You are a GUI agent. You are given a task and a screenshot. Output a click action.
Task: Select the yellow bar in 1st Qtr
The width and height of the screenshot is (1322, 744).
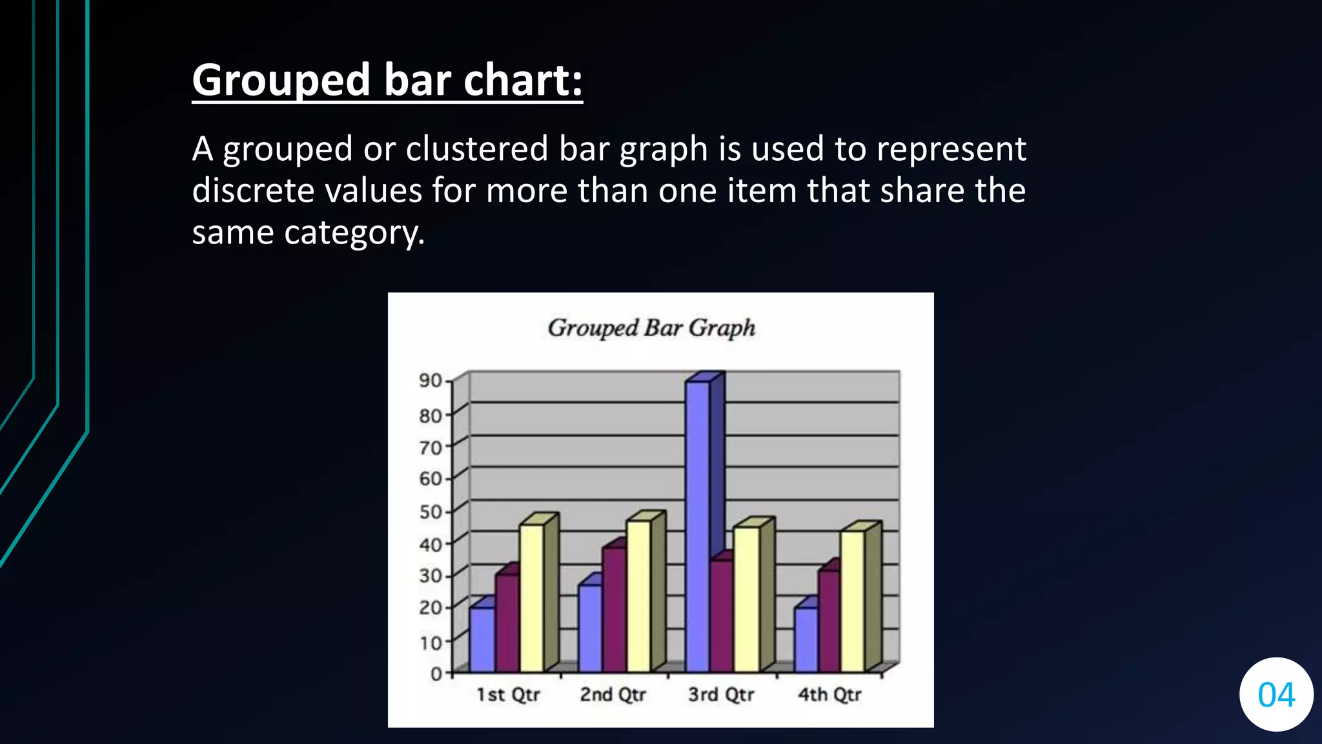(x=531, y=597)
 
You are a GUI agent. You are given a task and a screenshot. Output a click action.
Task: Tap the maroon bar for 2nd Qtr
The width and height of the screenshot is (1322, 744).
(x=614, y=610)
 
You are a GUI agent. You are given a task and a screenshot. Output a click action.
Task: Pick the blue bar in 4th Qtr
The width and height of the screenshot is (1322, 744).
(x=806, y=639)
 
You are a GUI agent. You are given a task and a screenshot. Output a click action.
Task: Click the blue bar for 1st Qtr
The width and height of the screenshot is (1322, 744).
(x=482, y=639)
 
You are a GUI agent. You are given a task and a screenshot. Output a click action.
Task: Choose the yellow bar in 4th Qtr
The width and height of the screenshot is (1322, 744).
(x=852, y=601)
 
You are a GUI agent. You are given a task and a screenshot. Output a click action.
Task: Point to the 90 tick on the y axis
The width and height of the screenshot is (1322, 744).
(x=431, y=380)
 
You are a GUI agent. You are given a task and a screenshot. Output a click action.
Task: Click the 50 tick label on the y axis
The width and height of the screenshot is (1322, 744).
(x=431, y=512)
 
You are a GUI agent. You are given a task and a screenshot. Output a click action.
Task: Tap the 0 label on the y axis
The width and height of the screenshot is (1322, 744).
(x=436, y=674)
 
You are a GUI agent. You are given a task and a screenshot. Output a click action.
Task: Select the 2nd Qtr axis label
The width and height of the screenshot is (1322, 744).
(x=613, y=695)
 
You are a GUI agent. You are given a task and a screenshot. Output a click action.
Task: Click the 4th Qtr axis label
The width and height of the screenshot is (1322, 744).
(x=829, y=695)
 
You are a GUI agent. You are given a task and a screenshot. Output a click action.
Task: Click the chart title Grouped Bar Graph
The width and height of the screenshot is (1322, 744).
(x=651, y=328)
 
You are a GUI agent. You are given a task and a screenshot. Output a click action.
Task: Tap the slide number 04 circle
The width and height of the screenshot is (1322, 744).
(x=1276, y=695)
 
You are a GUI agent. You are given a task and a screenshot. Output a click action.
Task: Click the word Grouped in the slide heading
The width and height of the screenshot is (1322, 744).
(x=281, y=81)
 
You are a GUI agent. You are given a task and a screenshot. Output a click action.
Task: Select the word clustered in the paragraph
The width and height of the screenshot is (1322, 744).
(x=476, y=149)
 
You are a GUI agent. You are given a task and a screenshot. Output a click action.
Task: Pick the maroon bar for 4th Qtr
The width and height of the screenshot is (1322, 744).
(x=829, y=620)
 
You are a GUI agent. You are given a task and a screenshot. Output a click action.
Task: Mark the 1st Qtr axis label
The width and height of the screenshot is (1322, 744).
(x=508, y=695)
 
